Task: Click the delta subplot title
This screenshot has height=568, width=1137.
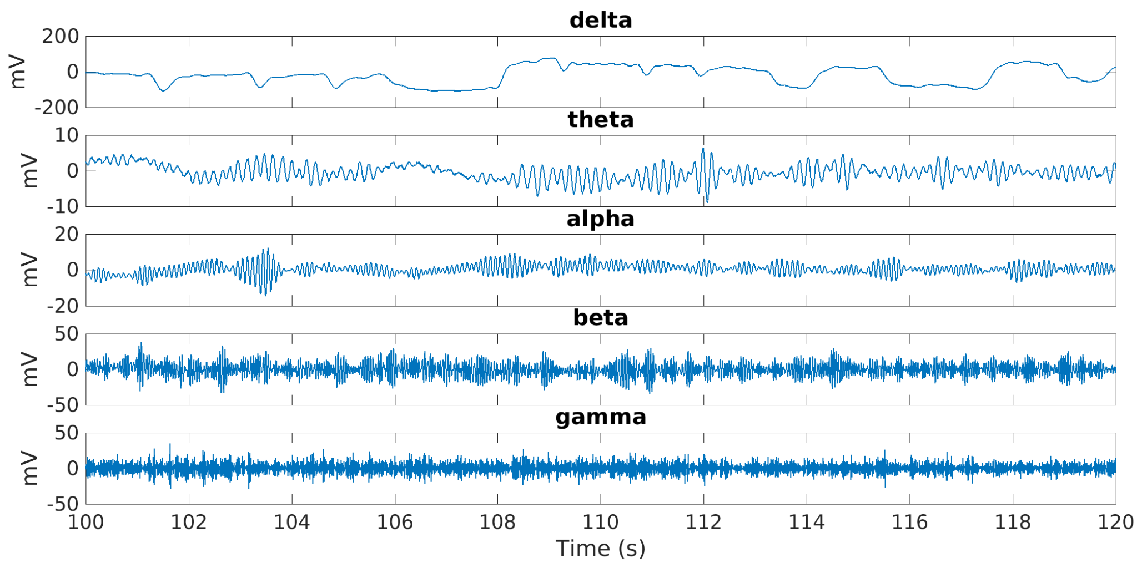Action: coord(601,21)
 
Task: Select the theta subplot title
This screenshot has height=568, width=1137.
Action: coord(601,120)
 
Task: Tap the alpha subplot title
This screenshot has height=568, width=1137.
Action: coord(601,219)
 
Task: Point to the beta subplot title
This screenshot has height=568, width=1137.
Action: coord(601,318)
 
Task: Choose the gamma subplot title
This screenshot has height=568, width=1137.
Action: coord(601,417)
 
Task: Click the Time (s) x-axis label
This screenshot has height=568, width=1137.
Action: coord(601,548)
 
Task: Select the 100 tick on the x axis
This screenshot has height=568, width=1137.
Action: coord(86,522)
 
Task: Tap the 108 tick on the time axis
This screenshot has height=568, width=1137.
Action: coord(498,522)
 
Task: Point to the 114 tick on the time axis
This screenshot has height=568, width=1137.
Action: coord(807,522)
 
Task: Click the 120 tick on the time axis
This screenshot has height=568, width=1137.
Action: coord(1115,522)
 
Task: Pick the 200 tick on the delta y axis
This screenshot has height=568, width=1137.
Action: coord(61,37)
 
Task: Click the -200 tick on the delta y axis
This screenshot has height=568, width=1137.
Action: coord(57,108)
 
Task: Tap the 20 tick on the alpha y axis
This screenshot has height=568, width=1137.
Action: coord(67,235)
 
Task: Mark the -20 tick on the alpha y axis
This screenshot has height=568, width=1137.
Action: coord(63,306)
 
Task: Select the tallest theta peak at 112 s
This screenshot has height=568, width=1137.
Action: coord(703,149)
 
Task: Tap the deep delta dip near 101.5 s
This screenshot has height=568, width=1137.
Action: coord(163,90)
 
